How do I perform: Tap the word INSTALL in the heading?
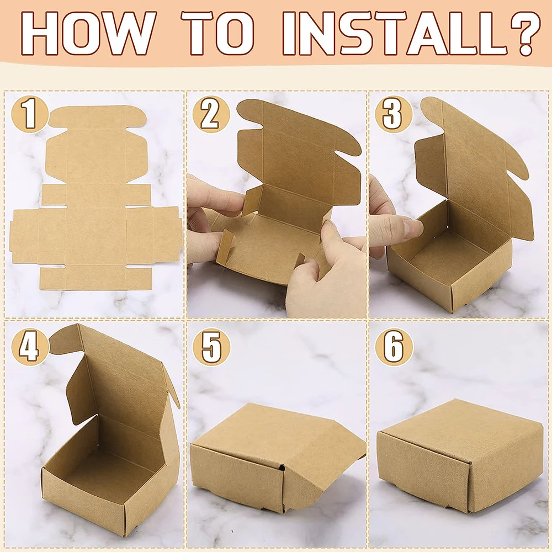pos(394,33)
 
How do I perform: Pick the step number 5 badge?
pos(211,347)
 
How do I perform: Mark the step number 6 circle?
pos(393,347)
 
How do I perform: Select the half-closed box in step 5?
pos(278,458)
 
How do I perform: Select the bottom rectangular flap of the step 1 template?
pos(95,278)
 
